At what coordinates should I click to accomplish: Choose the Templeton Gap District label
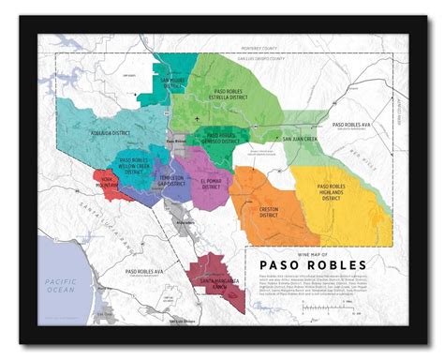tap(172, 181)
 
